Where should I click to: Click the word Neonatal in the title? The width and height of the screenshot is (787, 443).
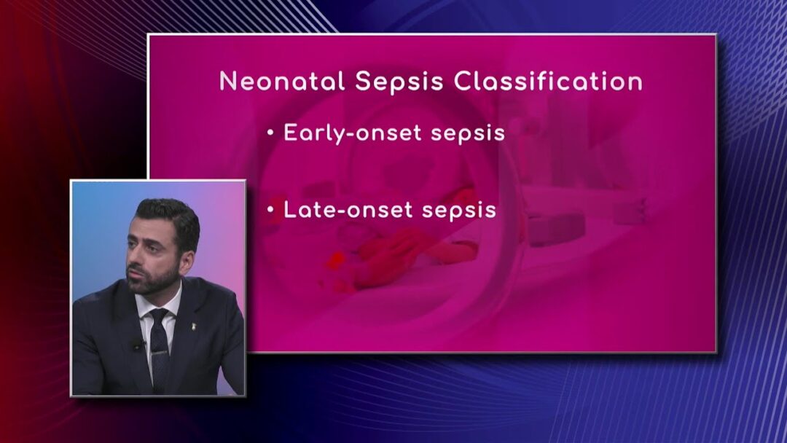coord(282,82)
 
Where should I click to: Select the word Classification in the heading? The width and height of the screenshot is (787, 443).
coord(548,82)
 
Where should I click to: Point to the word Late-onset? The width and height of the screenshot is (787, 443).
coord(348,210)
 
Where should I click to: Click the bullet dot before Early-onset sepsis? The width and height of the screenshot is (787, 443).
coord(270,133)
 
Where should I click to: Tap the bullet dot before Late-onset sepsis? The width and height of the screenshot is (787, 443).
coord(270,210)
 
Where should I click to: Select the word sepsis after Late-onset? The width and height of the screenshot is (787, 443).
coord(459,211)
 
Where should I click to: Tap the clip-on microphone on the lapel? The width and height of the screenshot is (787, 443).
coord(138,345)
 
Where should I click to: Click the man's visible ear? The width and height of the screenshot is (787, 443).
coord(187,262)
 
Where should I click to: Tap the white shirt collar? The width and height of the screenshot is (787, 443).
coord(160,306)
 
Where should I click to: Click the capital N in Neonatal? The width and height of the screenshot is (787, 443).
coord(228,82)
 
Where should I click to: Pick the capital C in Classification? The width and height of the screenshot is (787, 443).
coord(463,82)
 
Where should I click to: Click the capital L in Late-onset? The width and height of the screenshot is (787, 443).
coord(289,210)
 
